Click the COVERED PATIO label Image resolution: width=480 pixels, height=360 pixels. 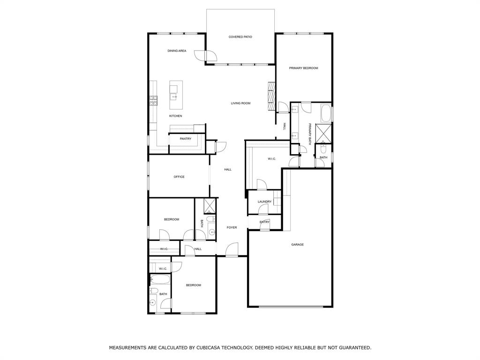(x=240, y=37)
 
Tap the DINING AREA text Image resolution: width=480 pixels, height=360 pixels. (x=177, y=51)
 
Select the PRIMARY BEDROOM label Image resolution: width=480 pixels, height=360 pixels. (x=303, y=68)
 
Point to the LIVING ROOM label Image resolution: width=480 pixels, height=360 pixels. (x=240, y=103)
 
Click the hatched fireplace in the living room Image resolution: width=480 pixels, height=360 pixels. (x=271, y=96)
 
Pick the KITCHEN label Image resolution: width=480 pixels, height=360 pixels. (x=175, y=116)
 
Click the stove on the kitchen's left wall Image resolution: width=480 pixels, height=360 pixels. (x=153, y=100)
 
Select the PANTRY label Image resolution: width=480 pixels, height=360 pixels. (x=185, y=139)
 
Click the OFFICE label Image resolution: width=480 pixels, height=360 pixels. (x=179, y=177)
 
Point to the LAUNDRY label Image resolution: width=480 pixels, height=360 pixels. (x=264, y=202)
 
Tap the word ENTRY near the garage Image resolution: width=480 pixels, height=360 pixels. (x=264, y=222)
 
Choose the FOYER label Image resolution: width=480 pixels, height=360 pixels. (x=232, y=227)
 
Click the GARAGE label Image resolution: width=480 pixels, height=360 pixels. (x=297, y=244)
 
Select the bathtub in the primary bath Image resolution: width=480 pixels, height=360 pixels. (x=326, y=113)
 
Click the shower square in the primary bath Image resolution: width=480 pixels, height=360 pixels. (x=323, y=133)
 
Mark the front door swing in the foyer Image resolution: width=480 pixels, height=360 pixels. (x=232, y=249)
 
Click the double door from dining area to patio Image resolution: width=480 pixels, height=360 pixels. (x=210, y=56)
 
